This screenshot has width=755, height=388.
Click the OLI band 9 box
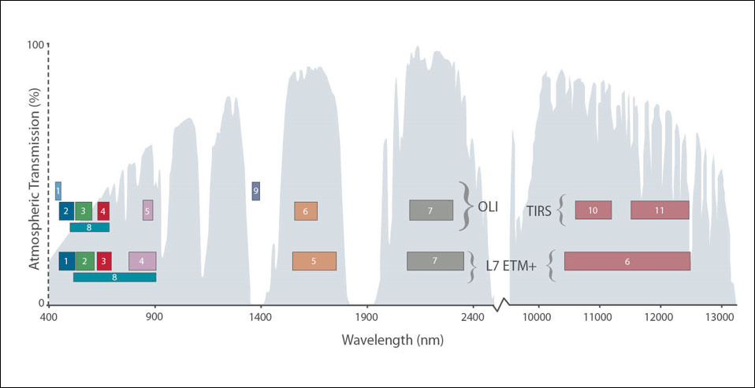point(255,191)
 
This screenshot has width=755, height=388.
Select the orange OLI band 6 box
point(306,211)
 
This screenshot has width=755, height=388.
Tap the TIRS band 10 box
point(593,210)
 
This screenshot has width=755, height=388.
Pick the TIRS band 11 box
point(660,210)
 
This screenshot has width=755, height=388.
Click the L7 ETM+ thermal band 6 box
point(627,261)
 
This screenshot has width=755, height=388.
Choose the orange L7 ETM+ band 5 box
point(314,261)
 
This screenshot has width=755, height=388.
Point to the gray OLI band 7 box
point(431,210)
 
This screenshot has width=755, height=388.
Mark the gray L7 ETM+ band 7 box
point(435,261)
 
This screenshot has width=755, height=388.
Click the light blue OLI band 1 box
point(58,191)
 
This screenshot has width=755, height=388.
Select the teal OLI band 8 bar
point(89,227)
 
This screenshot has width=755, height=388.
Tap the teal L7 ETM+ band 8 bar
point(114,277)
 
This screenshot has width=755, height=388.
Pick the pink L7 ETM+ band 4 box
point(142,261)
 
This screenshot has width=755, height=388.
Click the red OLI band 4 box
point(102,211)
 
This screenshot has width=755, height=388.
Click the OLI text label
point(488,207)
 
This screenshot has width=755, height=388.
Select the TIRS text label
point(538,211)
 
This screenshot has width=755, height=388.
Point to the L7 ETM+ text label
point(511,267)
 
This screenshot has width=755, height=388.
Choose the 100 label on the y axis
point(34,45)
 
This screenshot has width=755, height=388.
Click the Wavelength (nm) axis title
point(392,340)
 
